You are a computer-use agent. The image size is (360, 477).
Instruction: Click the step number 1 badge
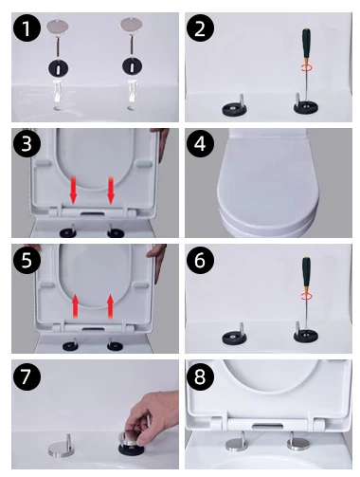(x=27, y=28)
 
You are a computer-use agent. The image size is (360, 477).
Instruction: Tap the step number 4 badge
(x=200, y=144)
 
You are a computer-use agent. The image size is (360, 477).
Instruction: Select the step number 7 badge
(x=27, y=376)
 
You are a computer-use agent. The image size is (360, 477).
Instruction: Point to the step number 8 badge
(x=200, y=376)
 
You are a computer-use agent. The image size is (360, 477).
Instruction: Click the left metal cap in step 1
(x=58, y=26)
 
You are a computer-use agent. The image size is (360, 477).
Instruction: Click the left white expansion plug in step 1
(x=58, y=90)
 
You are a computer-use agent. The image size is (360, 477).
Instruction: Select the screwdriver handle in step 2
(x=306, y=46)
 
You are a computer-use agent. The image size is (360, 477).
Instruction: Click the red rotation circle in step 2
(x=306, y=67)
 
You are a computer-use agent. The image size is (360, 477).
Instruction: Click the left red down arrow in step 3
(x=73, y=190)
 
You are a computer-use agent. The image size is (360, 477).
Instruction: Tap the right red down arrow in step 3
(x=111, y=190)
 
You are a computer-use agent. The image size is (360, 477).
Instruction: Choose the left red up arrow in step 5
(x=75, y=305)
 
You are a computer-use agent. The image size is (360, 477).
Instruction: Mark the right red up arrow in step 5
(x=110, y=305)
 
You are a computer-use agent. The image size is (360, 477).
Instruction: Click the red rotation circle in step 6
(x=306, y=296)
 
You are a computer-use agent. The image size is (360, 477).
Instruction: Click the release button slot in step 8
(x=267, y=426)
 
